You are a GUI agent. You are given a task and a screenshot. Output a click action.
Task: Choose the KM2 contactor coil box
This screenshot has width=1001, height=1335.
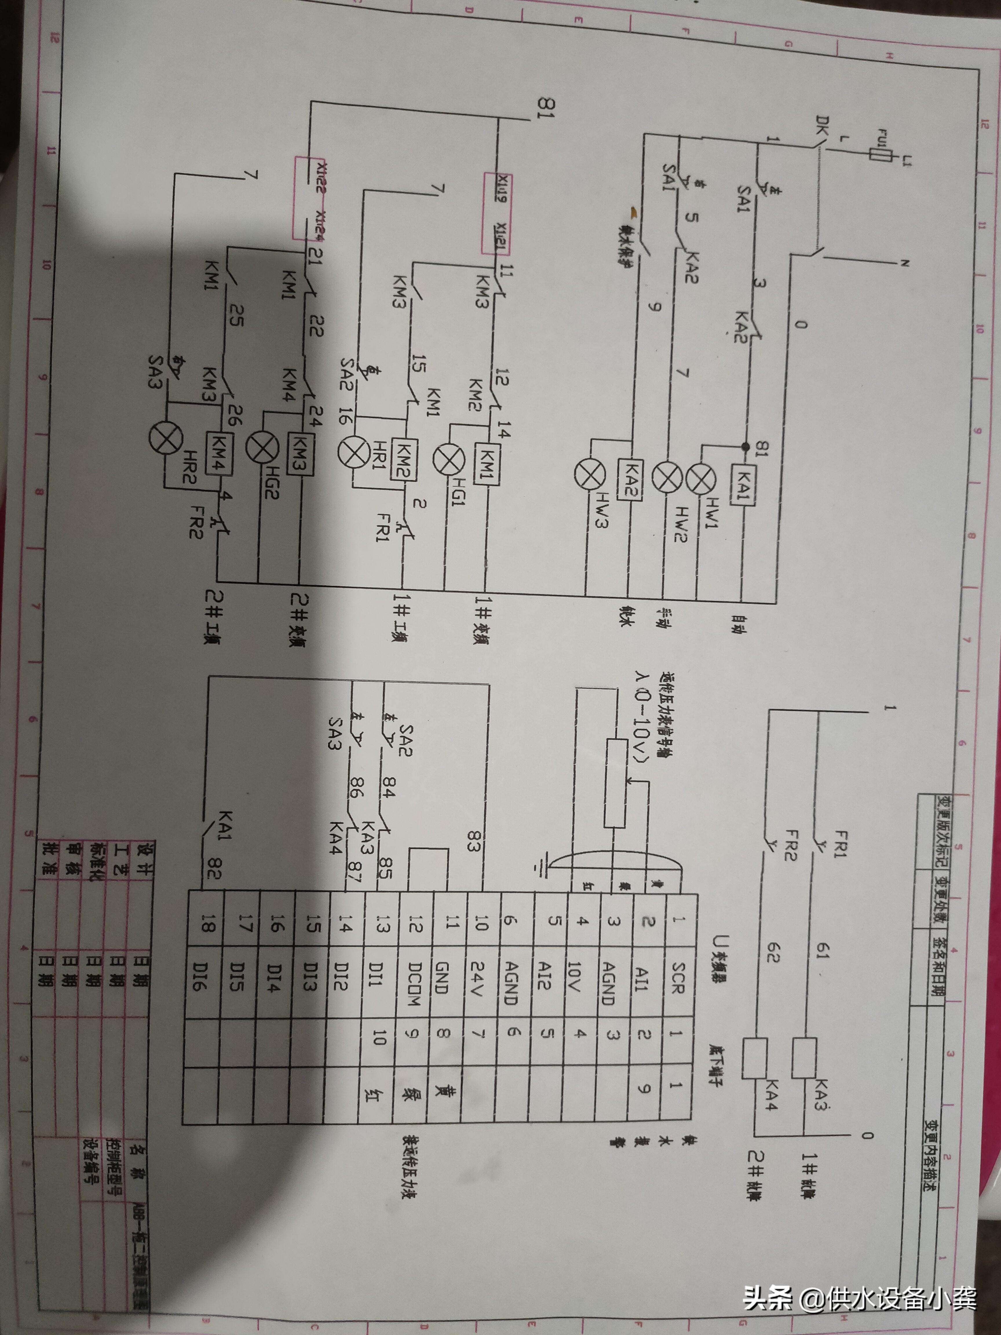pos(402,459)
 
